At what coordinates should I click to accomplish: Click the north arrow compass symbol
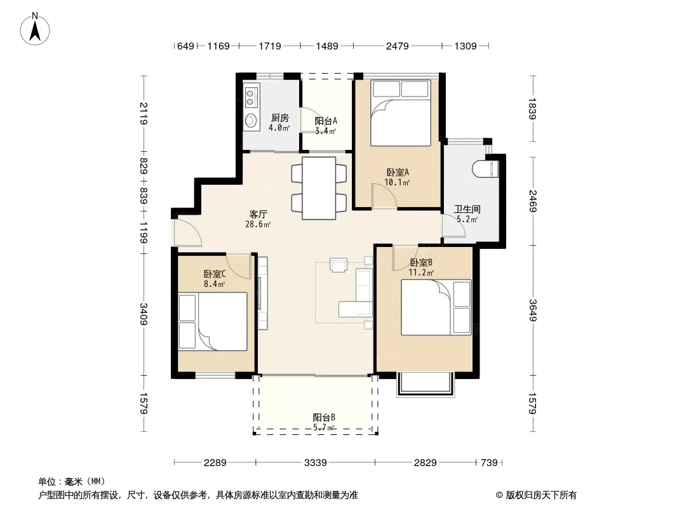35,29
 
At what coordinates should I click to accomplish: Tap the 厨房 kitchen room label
280,118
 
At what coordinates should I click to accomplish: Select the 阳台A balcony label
326,121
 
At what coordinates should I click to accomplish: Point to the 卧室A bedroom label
397,172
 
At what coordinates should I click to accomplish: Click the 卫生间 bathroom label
467,210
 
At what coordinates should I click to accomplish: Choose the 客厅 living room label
258,214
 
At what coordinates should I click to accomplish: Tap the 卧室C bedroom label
215,274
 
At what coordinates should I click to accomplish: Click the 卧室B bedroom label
421,262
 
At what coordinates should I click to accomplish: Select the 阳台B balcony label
324,417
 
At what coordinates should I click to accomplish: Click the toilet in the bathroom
486,169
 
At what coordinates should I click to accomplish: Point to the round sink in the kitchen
250,119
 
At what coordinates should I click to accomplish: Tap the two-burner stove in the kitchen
250,98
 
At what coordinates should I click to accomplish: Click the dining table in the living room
319,188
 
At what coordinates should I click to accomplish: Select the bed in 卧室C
213,321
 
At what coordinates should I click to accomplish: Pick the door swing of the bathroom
453,225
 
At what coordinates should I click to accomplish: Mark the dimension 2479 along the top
397,46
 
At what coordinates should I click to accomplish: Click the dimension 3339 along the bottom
315,463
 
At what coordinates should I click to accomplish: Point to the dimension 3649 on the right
532,311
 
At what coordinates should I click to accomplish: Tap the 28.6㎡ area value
258,224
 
